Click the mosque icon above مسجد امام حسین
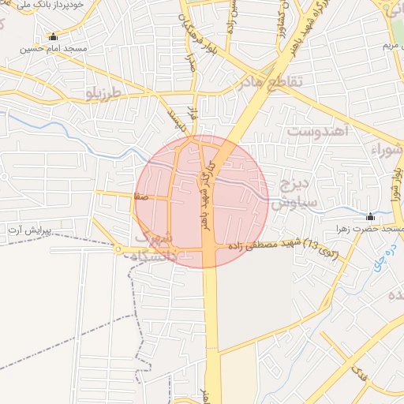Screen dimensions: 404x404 pyautogui.click(x=53, y=36)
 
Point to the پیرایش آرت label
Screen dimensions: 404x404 pyautogui.click(x=28, y=230)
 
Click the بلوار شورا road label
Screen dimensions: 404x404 pyautogui.click(x=394, y=182)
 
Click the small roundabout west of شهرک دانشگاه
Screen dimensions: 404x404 pyautogui.click(x=118, y=251)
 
